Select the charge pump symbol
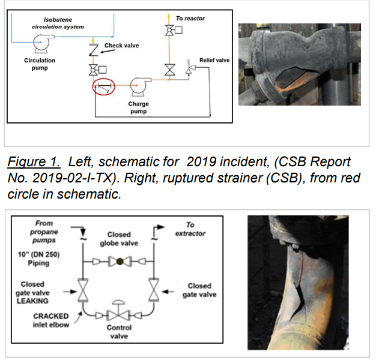coord(139,86)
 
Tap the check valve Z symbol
coord(94,50)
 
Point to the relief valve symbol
coord(190,68)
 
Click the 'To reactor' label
coord(190,19)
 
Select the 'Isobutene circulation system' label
coord(58,23)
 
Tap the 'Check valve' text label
coord(121,46)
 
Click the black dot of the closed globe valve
coord(120,262)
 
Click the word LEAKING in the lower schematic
coord(32,301)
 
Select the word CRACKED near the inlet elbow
coord(51,316)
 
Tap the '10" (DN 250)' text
coord(38,254)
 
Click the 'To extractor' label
coord(190,229)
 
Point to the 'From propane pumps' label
coord(44,232)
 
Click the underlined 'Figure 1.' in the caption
coord(34,162)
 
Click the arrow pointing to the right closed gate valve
coord(168,292)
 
